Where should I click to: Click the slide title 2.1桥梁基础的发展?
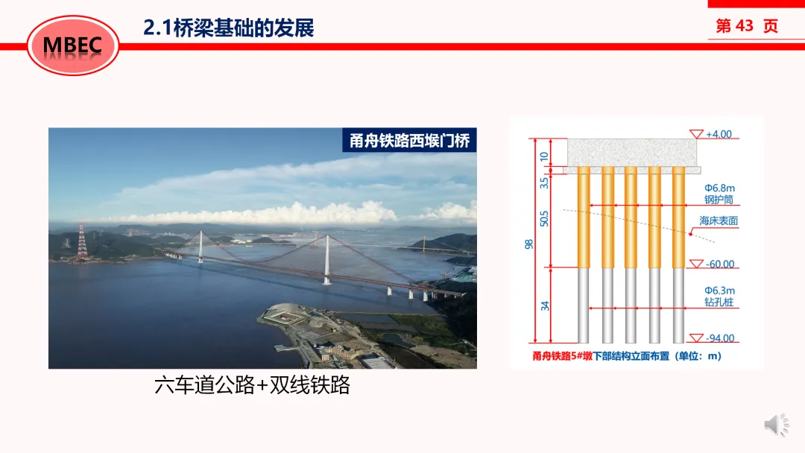(229, 28)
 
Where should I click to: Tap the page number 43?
(744, 25)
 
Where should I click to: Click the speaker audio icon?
(776, 424)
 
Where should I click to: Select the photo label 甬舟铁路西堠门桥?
(409, 140)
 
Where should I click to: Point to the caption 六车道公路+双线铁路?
(252, 384)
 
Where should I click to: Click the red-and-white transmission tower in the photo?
(82, 241)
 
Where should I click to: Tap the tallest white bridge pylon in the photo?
(326, 259)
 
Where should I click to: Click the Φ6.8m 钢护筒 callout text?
(719, 194)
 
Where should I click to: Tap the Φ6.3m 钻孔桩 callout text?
(719, 296)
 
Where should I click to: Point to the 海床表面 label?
(719, 221)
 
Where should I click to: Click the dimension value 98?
(528, 244)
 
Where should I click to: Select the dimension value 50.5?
(544, 218)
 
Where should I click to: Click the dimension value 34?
(545, 305)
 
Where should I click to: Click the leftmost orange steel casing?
(583, 218)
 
